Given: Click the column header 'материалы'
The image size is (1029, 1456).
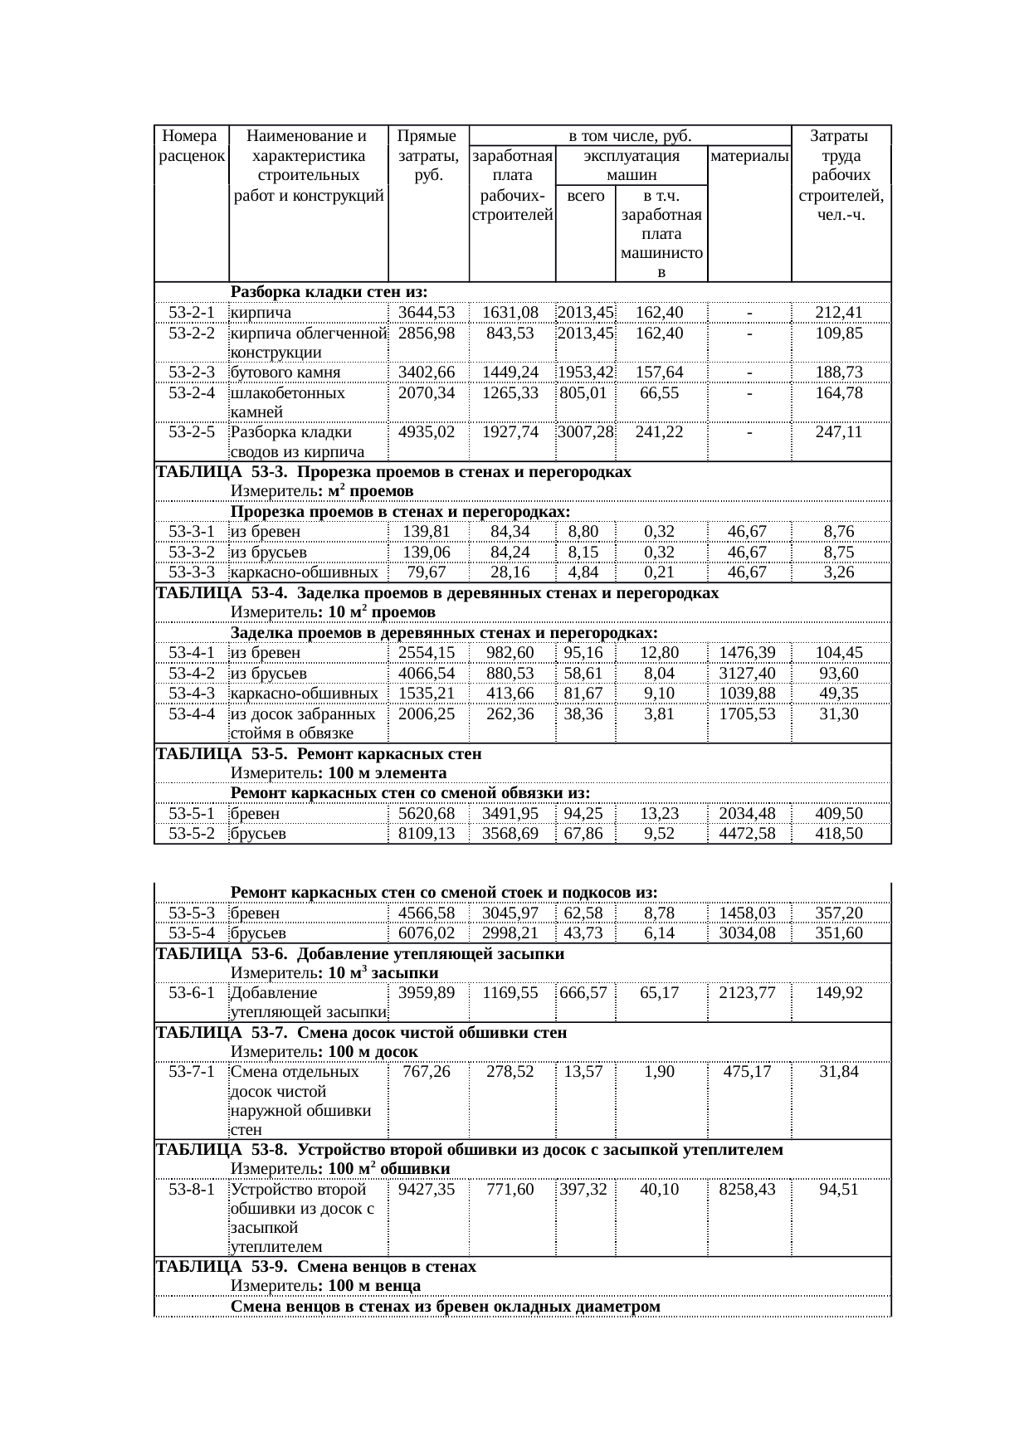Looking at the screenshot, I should point(749,156).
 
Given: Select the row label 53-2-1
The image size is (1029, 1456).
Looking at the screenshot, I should point(192,313).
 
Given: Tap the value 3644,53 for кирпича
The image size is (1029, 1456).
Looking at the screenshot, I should point(427,313).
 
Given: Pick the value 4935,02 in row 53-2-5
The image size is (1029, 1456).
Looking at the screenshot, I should point(427,432).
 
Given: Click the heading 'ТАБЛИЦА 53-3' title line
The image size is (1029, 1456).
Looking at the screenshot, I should point(393,472).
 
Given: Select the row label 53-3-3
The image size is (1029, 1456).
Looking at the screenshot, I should point(192,572).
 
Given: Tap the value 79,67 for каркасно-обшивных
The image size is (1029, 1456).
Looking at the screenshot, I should point(427,572).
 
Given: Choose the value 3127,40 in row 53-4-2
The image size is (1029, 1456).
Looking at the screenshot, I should point(748,674).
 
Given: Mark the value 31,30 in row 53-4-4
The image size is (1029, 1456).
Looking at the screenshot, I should point(839,713).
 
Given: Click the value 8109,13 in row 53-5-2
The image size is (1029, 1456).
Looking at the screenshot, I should point(427,834).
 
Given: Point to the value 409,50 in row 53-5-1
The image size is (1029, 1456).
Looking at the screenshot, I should point(839,814).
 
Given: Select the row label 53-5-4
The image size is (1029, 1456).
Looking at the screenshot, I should point(192,933).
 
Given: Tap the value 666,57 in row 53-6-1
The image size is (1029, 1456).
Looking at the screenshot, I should point(584,992).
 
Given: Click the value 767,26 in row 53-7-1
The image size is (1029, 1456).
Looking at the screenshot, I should point(427,1072).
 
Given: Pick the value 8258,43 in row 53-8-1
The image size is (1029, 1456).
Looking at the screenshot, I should point(748,1190).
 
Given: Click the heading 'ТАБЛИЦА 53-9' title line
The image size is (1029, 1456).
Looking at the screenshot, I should point(316,1267).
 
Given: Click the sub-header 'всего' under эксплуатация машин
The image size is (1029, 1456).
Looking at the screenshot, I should point(584,196).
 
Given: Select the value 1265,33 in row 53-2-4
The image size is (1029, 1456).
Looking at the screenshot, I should point(510,392).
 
